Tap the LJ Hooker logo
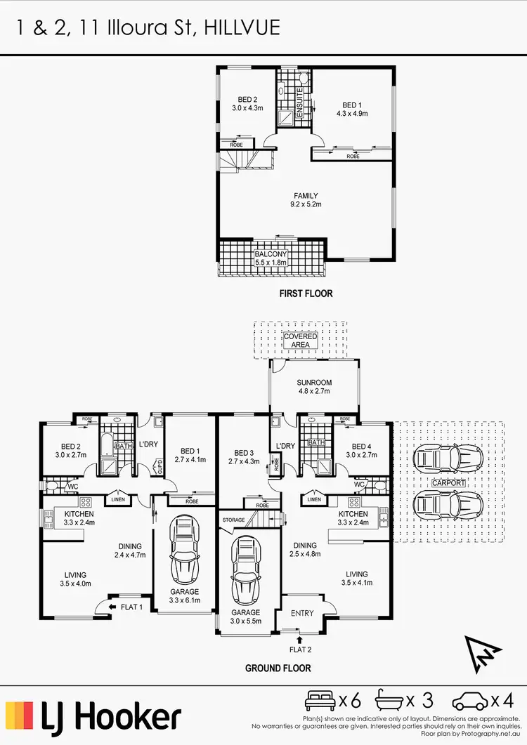point(94,717)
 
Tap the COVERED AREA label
point(301,341)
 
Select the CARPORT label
point(449,484)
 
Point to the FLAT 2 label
point(299,650)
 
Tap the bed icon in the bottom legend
point(320,700)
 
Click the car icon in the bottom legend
point(469,700)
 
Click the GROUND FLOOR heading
point(278,668)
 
